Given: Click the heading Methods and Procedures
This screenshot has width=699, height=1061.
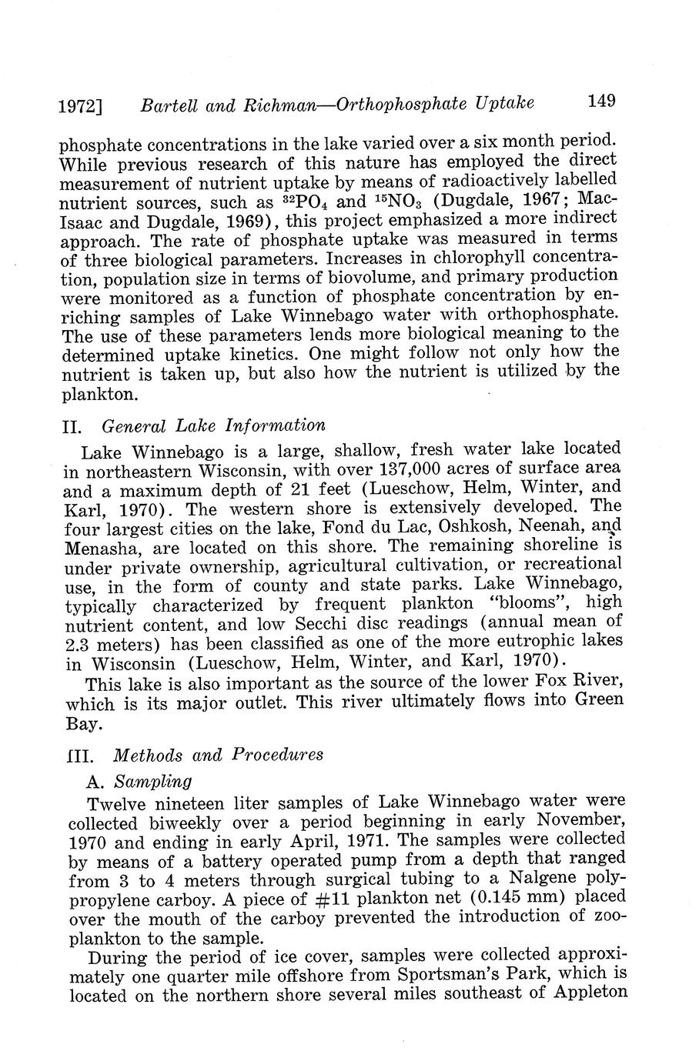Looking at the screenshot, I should [218, 755].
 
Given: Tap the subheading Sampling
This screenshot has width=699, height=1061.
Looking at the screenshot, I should [152, 782].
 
